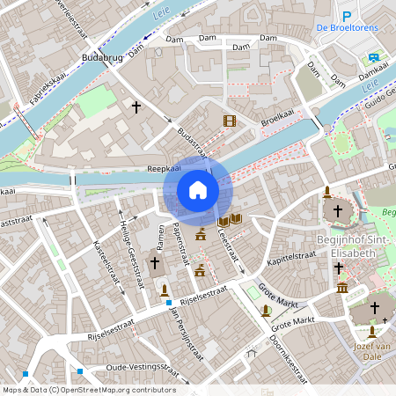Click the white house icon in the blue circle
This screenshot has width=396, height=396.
[x=197, y=189]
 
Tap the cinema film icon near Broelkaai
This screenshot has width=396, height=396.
[x=230, y=121]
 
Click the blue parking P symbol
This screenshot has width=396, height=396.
[x=347, y=16]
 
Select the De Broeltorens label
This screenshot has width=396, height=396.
[x=348, y=28]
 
